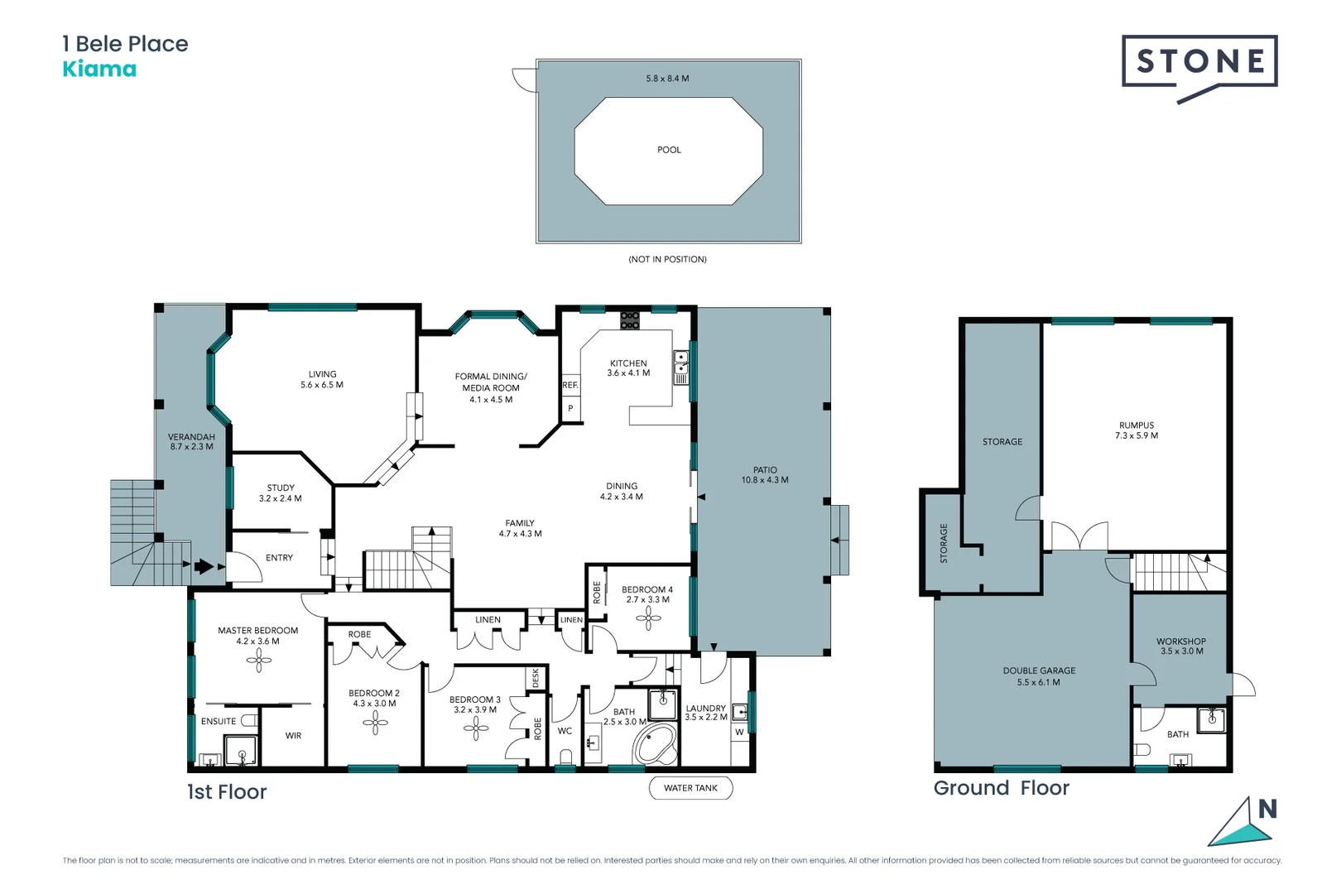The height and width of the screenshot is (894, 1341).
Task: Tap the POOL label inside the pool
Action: point(669,150)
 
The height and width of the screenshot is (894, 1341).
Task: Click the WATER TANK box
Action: point(690,788)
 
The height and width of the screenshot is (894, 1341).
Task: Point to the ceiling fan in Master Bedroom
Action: point(258,660)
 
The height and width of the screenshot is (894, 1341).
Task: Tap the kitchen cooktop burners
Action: point(630,320)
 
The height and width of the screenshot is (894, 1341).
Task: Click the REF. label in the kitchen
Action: point(570,385)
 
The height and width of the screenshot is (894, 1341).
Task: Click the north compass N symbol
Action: point(1266,810)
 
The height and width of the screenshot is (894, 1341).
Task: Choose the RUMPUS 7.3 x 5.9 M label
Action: point(1136,430)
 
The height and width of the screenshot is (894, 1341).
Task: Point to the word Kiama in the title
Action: point(99,69)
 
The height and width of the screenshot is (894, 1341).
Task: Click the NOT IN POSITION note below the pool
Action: point(667,259)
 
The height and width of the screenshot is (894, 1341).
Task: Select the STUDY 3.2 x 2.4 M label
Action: point(280,493)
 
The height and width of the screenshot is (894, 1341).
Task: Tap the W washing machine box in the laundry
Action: point(739,732)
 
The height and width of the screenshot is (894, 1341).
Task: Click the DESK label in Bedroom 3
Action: point(536,678)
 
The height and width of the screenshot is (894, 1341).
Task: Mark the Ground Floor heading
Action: point(1001,788)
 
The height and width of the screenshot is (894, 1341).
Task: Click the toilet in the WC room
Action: point(566,756)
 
